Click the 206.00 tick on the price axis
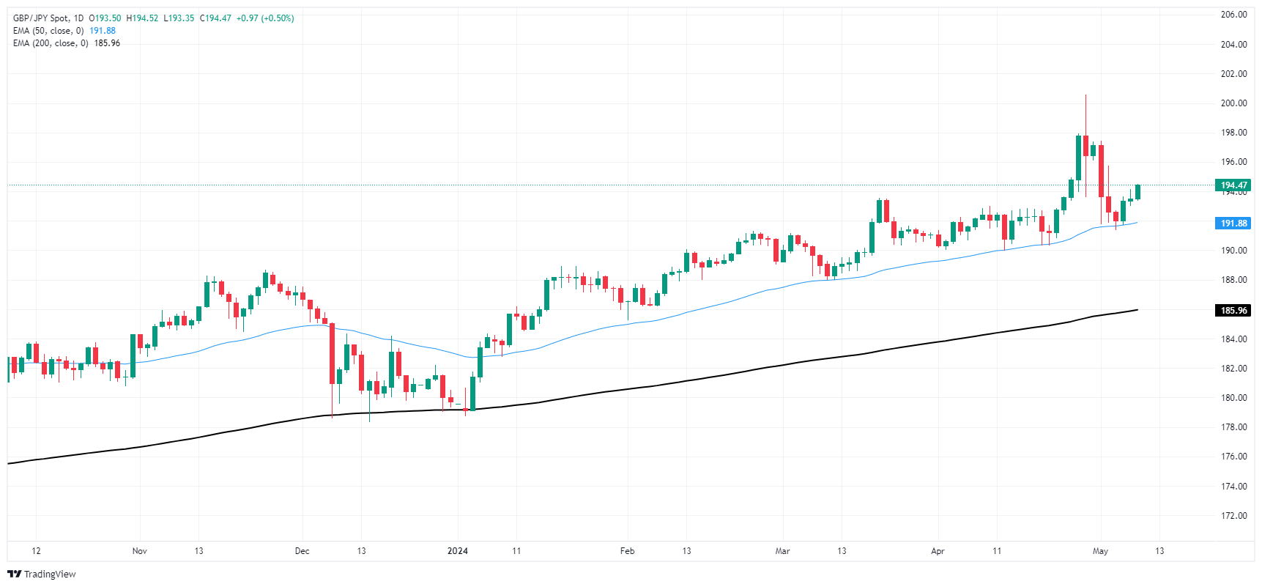pos(1233,15)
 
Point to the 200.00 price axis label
pos(1233,103)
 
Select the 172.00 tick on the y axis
pos(1233,516)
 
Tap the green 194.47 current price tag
pos(1233,185)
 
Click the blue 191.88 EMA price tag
pos(1233,224)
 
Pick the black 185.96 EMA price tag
pos(1233,311)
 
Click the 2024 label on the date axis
pos(458,551)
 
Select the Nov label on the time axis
pos(140,551)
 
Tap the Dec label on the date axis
pos(302,551)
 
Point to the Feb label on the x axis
pos(627,551)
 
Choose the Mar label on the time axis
pos(782,551)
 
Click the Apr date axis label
pos(938,551)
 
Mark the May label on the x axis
pos(1100,551)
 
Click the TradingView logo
pos(42,574)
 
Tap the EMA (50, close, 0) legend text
pos(48,31)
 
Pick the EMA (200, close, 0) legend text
pos(51,43)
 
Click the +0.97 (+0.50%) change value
pos(265,18)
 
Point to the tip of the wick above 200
pos(1085,95)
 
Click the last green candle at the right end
pos(1137,192)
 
